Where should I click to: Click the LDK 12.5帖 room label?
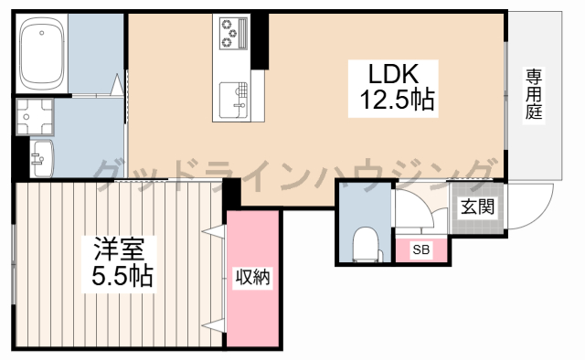coord(393,89)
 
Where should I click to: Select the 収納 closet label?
coord(252,277)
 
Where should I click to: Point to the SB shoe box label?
coord(421,249)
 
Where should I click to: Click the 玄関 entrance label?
coord(477,206)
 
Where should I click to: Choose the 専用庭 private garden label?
coord(534,96)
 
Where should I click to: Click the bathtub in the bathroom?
coord(42,53)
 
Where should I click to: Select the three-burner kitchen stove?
coord(235,33)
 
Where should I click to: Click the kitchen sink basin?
coord(234,100)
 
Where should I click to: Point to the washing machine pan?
coord(35,116)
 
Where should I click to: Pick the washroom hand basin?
coord(42,159)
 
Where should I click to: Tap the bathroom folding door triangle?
coord(118,83)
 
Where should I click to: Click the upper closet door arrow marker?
coord(213,231)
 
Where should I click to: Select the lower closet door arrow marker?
coord(213,325)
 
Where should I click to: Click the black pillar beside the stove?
coord(260,41)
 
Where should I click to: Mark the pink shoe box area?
coord(421,249)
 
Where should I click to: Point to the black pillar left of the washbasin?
coord(22,157)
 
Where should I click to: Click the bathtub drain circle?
coord(42,33)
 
